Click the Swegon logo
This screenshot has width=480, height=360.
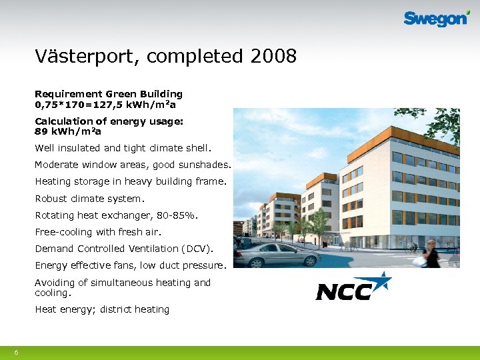(x=436, y=19)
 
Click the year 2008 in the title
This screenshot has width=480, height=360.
(x=273, y=57)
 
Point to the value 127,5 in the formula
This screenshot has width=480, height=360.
(x=107, y=105)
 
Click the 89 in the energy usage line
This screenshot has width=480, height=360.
(x=41, y=131)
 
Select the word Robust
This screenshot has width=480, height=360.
(x=51, y=198)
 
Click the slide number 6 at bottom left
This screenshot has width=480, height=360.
(x=16, y=352)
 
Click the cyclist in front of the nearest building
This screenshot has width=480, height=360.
(x=413, y=247)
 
